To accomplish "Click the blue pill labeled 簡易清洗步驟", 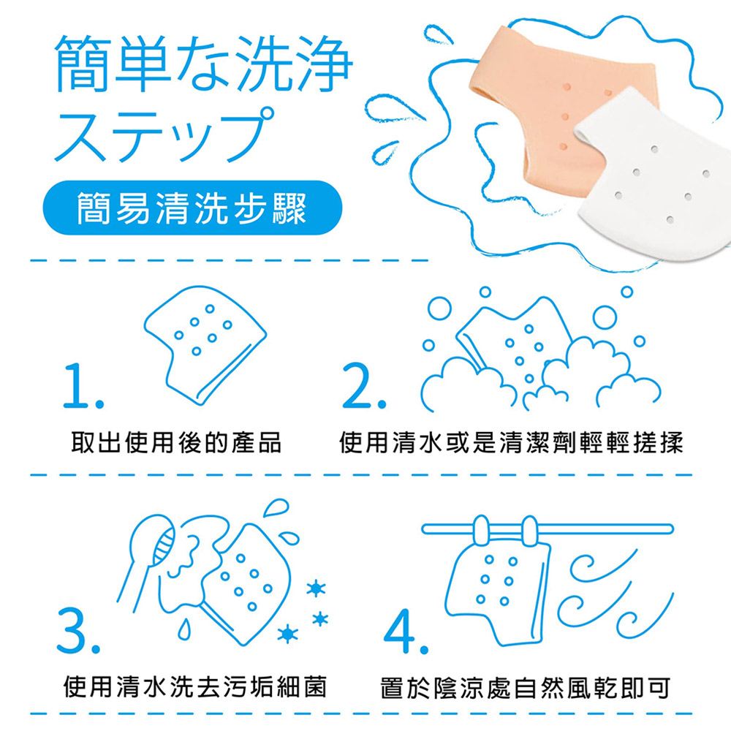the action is [x=192, y=208].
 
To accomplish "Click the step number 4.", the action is [x=406, y=632].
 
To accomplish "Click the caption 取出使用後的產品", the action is [x=176, y=442].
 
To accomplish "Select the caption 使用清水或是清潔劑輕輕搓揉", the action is [x=512, y=442].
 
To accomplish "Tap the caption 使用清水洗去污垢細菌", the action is [x=195, y=686].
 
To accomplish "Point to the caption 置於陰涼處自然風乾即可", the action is [x=526, y=688].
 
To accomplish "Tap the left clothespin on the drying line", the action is [x=481, y=529].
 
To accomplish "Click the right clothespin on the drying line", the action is [x=529, y=531].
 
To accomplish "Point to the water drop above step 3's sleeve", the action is [x=276, y=507].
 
